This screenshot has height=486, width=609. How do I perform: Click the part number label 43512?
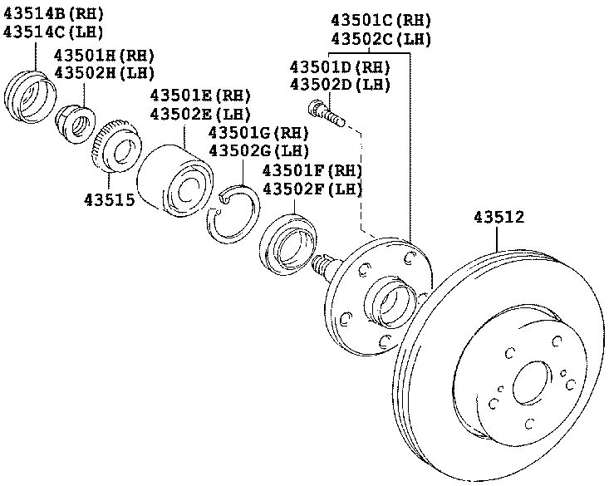click(498, 218)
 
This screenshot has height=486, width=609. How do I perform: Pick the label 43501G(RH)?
click(258, 133)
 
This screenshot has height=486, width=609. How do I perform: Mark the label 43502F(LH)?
click(312, 189)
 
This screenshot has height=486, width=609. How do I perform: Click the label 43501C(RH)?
click(381, 20)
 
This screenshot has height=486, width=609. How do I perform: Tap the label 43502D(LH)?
click(340, 85)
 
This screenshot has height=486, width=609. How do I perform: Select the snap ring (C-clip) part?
click(234, 214)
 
